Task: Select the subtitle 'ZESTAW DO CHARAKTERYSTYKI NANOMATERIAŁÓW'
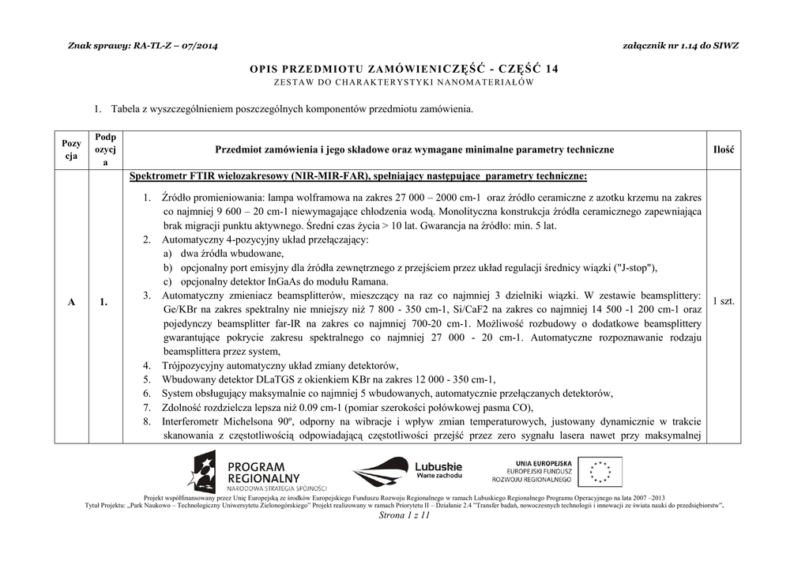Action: (404, 82)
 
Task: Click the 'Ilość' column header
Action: (724, 149)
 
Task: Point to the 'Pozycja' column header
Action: (71, 149)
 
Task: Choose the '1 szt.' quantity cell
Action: (724, 301)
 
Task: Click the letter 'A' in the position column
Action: (71, 302)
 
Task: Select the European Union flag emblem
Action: (599, 472)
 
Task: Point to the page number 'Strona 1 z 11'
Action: (404, 515)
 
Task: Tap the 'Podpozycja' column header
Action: (105, 149)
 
